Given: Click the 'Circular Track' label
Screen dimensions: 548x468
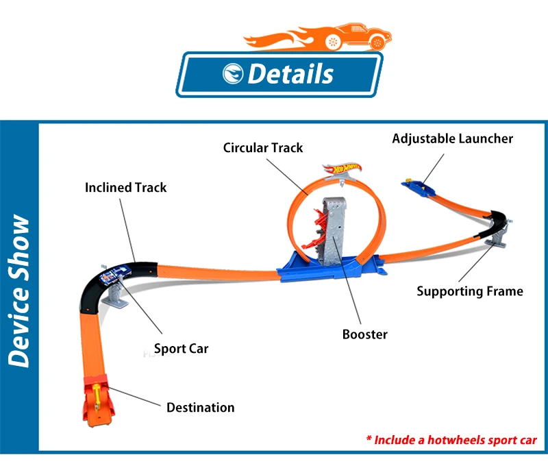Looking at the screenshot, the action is pos(263,147).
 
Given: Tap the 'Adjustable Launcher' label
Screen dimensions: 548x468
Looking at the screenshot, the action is pos(453,138).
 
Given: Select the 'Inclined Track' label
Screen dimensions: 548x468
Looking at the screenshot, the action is pos(126,187).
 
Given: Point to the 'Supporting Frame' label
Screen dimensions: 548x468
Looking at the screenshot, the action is pos(470,291).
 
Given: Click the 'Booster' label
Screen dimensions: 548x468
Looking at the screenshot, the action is pos(365,334).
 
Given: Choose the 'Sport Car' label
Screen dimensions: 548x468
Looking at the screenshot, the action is pos(181,349).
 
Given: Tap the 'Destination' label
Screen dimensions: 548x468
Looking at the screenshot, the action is pos(200,408).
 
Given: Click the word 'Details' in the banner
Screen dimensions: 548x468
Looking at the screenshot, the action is pos(290,74).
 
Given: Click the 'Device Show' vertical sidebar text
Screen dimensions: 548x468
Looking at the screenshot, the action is pos(19,291).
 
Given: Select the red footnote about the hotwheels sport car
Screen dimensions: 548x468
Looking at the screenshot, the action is pos(451,440).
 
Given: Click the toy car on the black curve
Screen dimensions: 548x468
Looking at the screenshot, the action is pos(115,273).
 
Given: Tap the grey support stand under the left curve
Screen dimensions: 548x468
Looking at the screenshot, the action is pos(117,294).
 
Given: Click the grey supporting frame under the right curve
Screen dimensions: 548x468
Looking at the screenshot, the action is pos(497,235).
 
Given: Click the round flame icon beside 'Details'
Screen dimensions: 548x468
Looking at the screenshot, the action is pos(233,74).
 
